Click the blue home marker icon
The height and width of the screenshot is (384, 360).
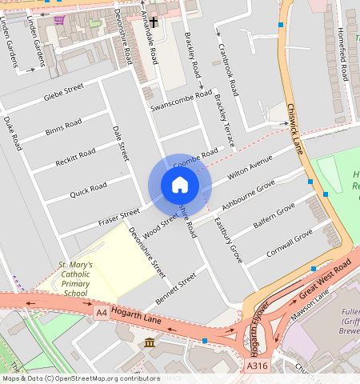180,186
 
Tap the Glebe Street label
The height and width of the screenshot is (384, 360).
63,94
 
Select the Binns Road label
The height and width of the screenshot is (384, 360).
63,127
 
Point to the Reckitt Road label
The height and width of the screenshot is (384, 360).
75,158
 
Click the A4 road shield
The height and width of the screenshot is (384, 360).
101,312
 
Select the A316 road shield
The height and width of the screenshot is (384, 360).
257,366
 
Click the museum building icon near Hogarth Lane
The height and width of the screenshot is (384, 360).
150,343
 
